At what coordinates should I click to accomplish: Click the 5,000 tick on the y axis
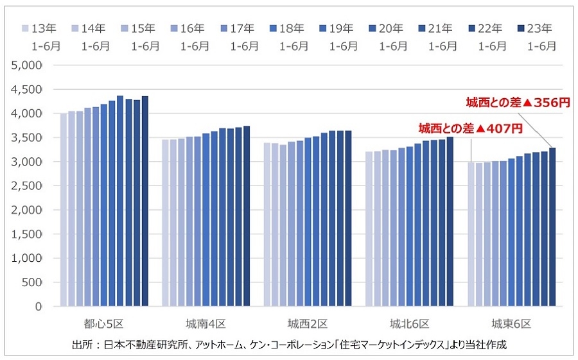click(x=28, y=65)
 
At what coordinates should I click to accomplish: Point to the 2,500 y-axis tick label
click(x=28, y=185)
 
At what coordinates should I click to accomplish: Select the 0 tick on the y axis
click(x=39, y=306)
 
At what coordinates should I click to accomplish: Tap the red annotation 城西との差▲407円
click(x=470, y=128)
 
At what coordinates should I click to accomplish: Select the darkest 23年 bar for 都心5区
click(x=144, y=201)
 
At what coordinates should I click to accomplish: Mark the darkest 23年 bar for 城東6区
click(x=552, y=227)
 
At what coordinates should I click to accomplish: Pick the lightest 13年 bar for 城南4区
click(x=166, y=223)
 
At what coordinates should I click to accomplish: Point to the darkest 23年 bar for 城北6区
click(x=450, y=221)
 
